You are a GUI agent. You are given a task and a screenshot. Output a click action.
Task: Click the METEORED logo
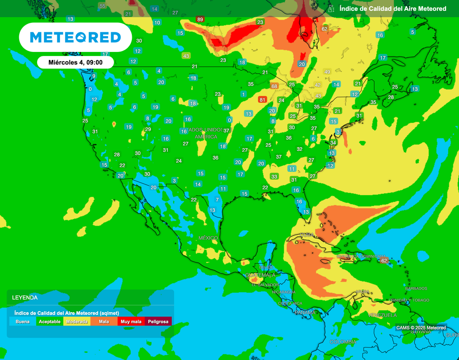click(x=75, y=37)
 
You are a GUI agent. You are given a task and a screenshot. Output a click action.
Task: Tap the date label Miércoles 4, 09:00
click(x=75, y=63)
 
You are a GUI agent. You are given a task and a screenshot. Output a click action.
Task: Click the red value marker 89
click(x=200, y=19)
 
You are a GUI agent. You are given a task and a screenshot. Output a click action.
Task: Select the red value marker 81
click(x=263, y=99)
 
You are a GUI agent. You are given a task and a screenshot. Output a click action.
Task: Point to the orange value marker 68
click(x=274, y=86)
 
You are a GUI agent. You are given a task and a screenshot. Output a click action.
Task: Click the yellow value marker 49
click(x=327, y=72)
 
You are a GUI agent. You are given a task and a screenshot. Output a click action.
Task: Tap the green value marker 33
click(x=274, y=176)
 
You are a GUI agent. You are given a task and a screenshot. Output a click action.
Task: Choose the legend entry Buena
click(x=22, y=321)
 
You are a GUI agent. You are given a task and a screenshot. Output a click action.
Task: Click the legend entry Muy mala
click(x=130, y=321)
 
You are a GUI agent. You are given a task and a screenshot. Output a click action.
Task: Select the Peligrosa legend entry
click(x=158, y=321)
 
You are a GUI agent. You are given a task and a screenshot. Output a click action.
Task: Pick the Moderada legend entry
click(x=77, y=321)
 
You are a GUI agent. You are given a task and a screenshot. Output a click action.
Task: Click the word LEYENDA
click(x=25, y=297)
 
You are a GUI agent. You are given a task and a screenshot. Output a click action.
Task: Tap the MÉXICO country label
click(x=208, y=238)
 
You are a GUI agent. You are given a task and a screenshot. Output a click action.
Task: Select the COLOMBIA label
click(x=343, y=342)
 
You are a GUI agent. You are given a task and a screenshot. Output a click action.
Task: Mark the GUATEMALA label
click(x=260, y=275)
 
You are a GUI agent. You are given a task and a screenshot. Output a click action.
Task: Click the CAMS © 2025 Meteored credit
click(x=421, y=328)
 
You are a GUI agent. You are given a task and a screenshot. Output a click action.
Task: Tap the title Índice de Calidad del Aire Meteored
click(x=393, y=9)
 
